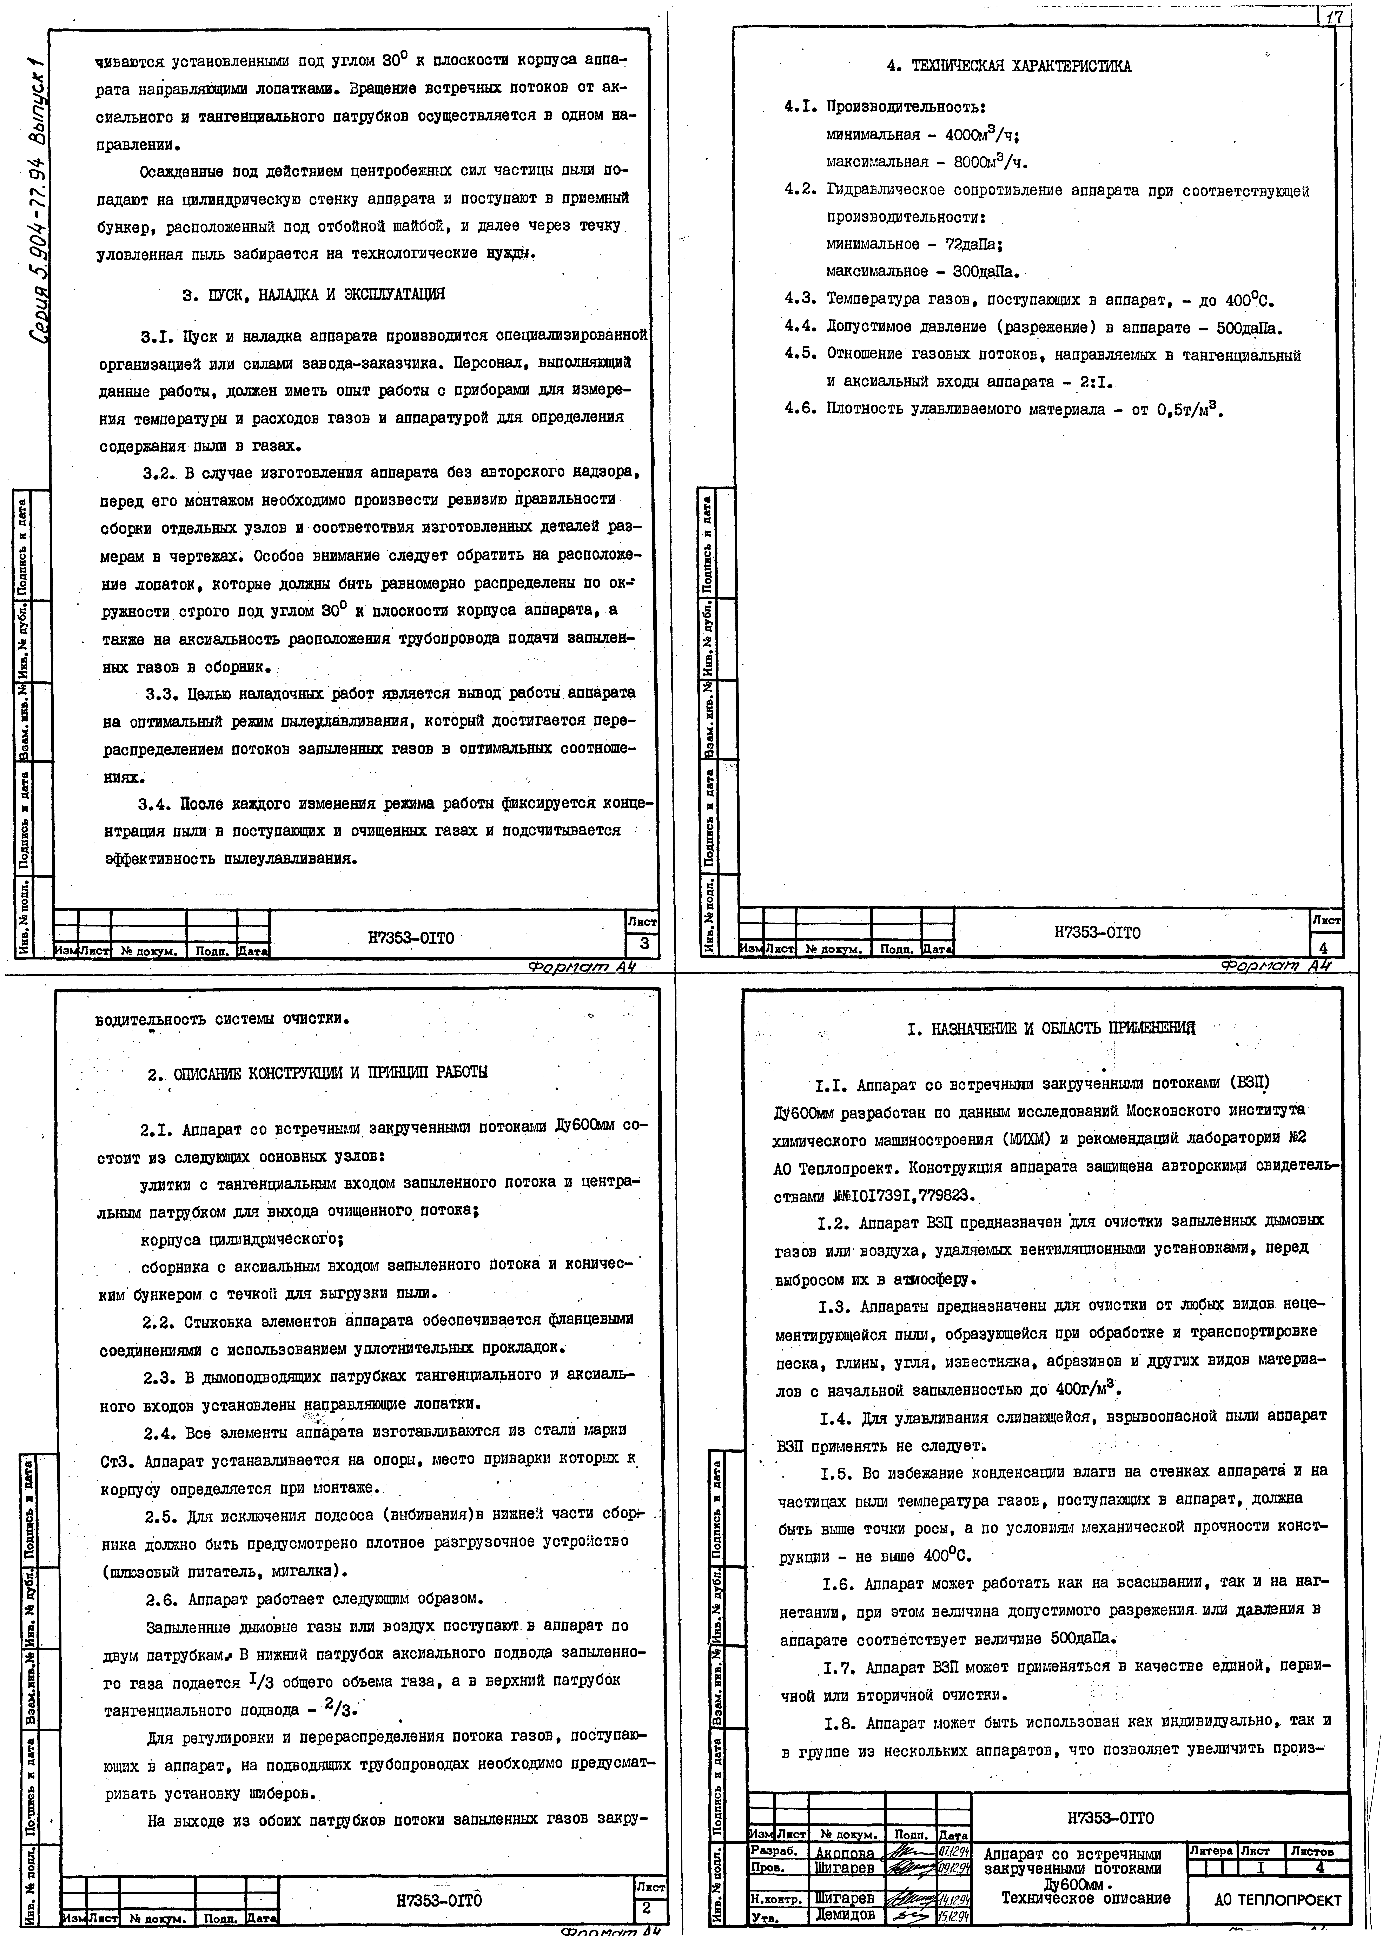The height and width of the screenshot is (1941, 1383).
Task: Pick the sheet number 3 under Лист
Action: coord(644,943)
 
